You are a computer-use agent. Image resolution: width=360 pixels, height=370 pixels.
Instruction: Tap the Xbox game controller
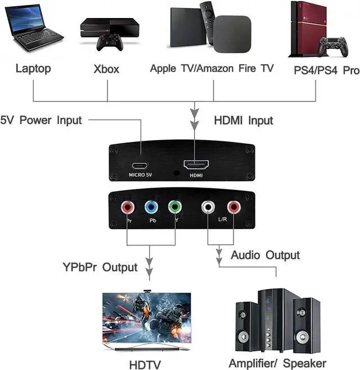[110, 42]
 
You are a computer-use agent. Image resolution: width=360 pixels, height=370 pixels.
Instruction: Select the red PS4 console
[308, 29]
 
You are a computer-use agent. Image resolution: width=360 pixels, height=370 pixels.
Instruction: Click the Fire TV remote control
[207, 23]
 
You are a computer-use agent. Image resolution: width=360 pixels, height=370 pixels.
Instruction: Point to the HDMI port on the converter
[196, 164]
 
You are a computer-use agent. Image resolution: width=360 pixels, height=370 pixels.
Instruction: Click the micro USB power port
[139, 166]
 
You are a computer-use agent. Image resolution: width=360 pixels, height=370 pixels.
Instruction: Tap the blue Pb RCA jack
[151, 207]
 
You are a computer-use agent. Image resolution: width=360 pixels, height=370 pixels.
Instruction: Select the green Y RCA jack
[175, 207]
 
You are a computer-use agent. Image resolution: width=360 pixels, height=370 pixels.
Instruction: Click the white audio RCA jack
[208, 207]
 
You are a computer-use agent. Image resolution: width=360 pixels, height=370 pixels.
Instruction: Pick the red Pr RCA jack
[128, 207]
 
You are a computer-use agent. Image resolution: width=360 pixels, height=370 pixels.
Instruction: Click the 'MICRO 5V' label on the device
[140, 175]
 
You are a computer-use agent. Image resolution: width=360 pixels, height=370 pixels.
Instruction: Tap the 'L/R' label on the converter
[222, 219]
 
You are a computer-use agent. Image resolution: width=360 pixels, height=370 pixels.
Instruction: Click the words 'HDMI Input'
[244, 121]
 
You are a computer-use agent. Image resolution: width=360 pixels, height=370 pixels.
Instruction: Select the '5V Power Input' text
[41, 120]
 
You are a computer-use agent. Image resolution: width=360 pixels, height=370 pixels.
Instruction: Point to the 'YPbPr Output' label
[100, 268]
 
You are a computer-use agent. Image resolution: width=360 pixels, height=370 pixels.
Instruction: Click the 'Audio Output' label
[265, 255]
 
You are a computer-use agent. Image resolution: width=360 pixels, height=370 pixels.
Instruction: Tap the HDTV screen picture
[147, 318]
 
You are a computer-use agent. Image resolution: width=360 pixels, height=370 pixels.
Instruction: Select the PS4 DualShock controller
[333, 47]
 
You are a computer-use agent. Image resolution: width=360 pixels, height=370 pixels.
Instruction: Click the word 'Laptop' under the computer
[33, 69]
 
